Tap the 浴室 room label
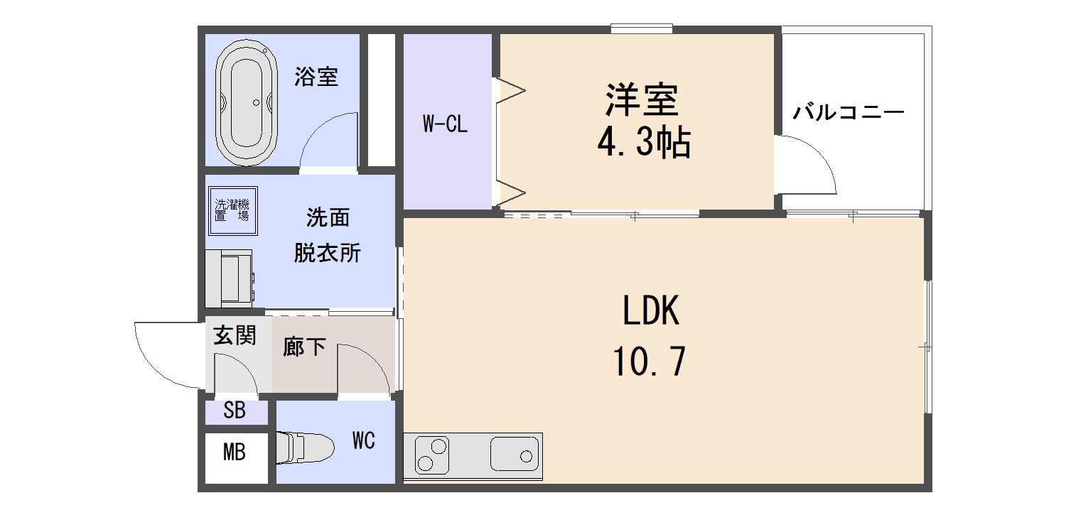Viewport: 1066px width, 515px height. coord(316,77)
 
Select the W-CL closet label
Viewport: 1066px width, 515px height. coord(445,125)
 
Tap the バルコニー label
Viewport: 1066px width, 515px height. coord(849,113)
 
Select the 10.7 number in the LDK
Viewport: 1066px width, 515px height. coord(649,363)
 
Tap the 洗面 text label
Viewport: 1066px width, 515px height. coord(328,218)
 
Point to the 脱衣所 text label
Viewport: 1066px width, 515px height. coord(328,253)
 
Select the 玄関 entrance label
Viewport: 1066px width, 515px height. coord(235,335)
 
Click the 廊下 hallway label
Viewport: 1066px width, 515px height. coord(304,347)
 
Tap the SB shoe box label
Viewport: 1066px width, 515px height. coord(235,411)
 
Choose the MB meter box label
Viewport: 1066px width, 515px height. coord(235,452)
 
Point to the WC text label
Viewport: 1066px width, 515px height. coord(363,441)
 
